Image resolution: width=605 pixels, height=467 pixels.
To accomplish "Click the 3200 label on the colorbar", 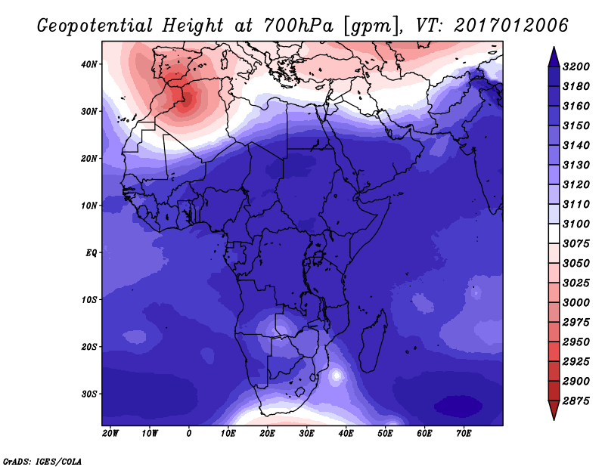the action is [x=576, y=66].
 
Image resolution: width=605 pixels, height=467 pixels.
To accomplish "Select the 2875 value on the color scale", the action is [x=576, y=401].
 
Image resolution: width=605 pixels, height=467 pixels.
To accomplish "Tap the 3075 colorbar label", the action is [x=576, y=243].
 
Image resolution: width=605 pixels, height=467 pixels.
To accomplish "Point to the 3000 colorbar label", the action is [x=576, y=302].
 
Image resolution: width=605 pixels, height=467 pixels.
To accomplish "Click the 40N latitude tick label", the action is [x=89, y=64].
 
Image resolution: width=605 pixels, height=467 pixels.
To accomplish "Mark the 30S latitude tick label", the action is [x=89, y=394].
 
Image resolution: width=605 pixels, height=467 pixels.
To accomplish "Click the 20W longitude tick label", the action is [x=110, y=433].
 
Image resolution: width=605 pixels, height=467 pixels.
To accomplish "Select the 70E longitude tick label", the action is [x=464, y=433].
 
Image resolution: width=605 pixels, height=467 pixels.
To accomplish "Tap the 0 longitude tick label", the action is [x=188, y=433].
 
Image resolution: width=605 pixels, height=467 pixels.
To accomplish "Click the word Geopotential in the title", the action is [x=95, y=26].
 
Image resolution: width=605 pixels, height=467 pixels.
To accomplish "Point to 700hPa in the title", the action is [x=299, y=26].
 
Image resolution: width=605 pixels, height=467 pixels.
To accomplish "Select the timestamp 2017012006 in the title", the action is [x=511, y=25].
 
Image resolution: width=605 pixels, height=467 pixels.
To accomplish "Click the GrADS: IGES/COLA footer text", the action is [x=42, y=461].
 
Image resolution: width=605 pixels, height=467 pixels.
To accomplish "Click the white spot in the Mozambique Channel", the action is [x=337, y=375].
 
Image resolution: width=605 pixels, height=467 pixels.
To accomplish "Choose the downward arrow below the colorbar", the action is [x=554, y=410].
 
